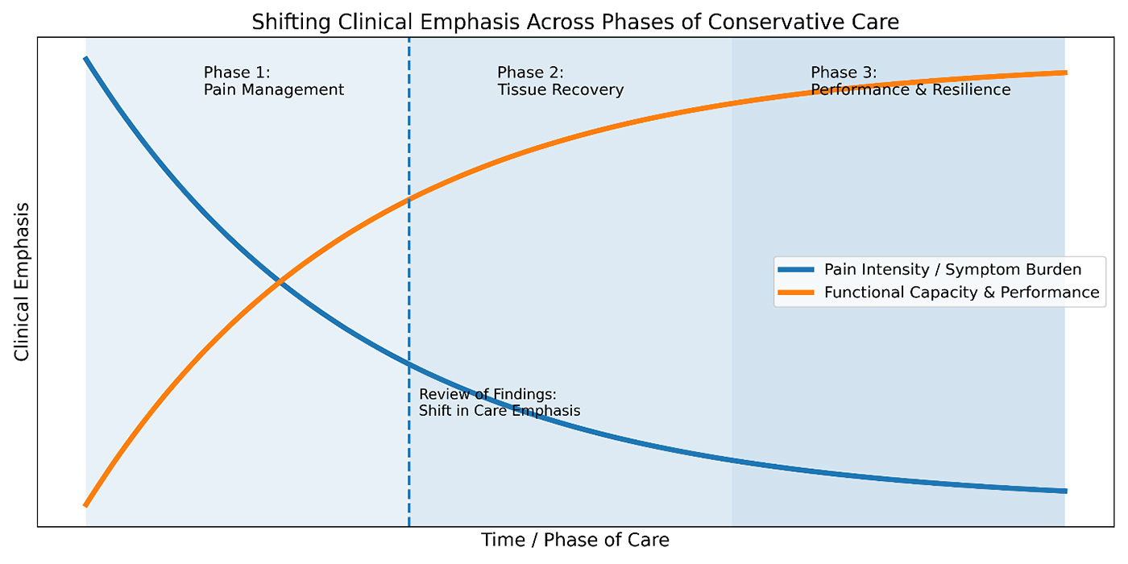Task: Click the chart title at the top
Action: click(x=575, y=22)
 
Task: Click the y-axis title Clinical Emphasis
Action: click(x=22, y=281)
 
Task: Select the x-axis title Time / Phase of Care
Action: click(x=575, y=540)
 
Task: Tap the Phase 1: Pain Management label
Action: click(x=274, y=81)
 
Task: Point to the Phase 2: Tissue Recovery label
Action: click(x=560, y=81)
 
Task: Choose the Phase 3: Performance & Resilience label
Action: click(x=910, y=81)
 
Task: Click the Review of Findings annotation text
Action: click(x=500, y=402)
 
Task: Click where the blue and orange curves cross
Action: click(x=279, y=281)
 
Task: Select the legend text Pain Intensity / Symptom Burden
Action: click(x=952, y=269)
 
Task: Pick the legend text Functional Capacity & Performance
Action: click(x=961, y=292)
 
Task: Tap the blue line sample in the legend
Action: click(x=796, y=269)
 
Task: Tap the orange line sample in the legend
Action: click(x=796, y=292)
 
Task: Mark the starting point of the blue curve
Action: click(x=85, y=58)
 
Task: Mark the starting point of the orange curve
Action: click(x=85, y=505)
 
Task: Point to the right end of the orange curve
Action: click(x=1065, y=73)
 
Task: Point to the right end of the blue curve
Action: click(x=1065, y=491)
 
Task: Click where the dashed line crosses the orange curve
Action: click(x=409, y=198)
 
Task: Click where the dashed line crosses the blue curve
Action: click(x=409, y=365)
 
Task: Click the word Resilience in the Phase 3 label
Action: click(x=970, y=89)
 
